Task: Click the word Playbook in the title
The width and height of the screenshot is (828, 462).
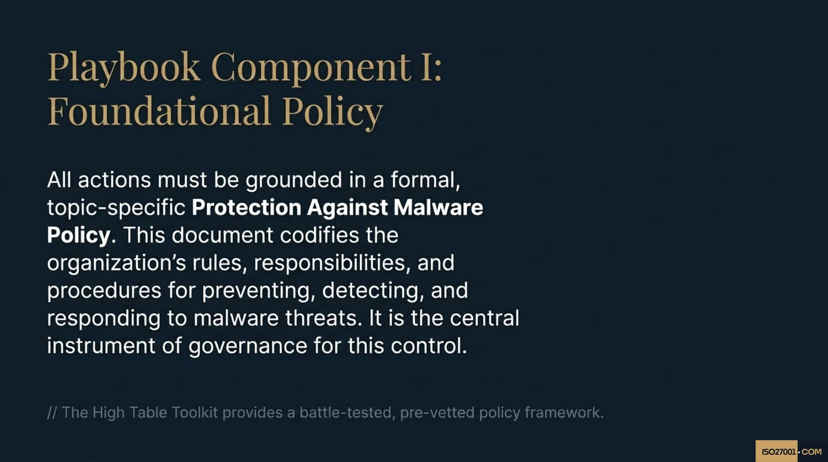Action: [124, 67]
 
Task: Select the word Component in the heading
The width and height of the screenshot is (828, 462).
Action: [311, 67]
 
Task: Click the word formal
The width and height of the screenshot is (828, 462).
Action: [425, 180]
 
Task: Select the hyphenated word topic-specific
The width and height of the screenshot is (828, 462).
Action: [116, 208]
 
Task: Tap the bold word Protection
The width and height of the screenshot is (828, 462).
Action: [246, 208]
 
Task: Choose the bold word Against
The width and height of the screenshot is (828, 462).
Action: [347, 208]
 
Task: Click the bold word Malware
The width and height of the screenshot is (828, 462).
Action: [438, 208]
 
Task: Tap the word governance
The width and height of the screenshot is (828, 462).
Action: [247, 346]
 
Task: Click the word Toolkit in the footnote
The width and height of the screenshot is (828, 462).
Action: [195, 413]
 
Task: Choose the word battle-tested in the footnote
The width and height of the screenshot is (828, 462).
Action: [347, 413]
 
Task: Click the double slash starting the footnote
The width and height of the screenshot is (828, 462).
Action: [52, 413]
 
